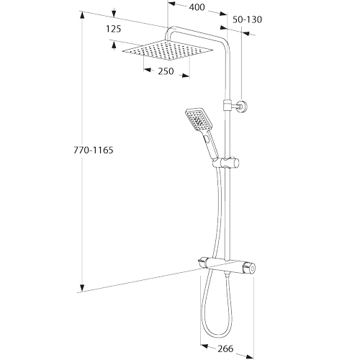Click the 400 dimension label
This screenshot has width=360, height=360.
click(197, 7)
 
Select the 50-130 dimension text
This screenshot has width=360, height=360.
click(247, 19)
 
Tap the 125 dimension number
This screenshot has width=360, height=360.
click(114, 29)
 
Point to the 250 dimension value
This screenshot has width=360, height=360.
click(166, 71)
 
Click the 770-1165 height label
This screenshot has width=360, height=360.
click(93, 150)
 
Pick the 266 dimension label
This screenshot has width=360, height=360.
click(225, 348)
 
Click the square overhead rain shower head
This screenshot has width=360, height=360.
click(168, 50)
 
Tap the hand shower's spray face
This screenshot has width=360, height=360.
click(197, 120)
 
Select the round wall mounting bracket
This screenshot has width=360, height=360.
click(242, 106)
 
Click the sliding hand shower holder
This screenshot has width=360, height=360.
click(225, 163)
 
